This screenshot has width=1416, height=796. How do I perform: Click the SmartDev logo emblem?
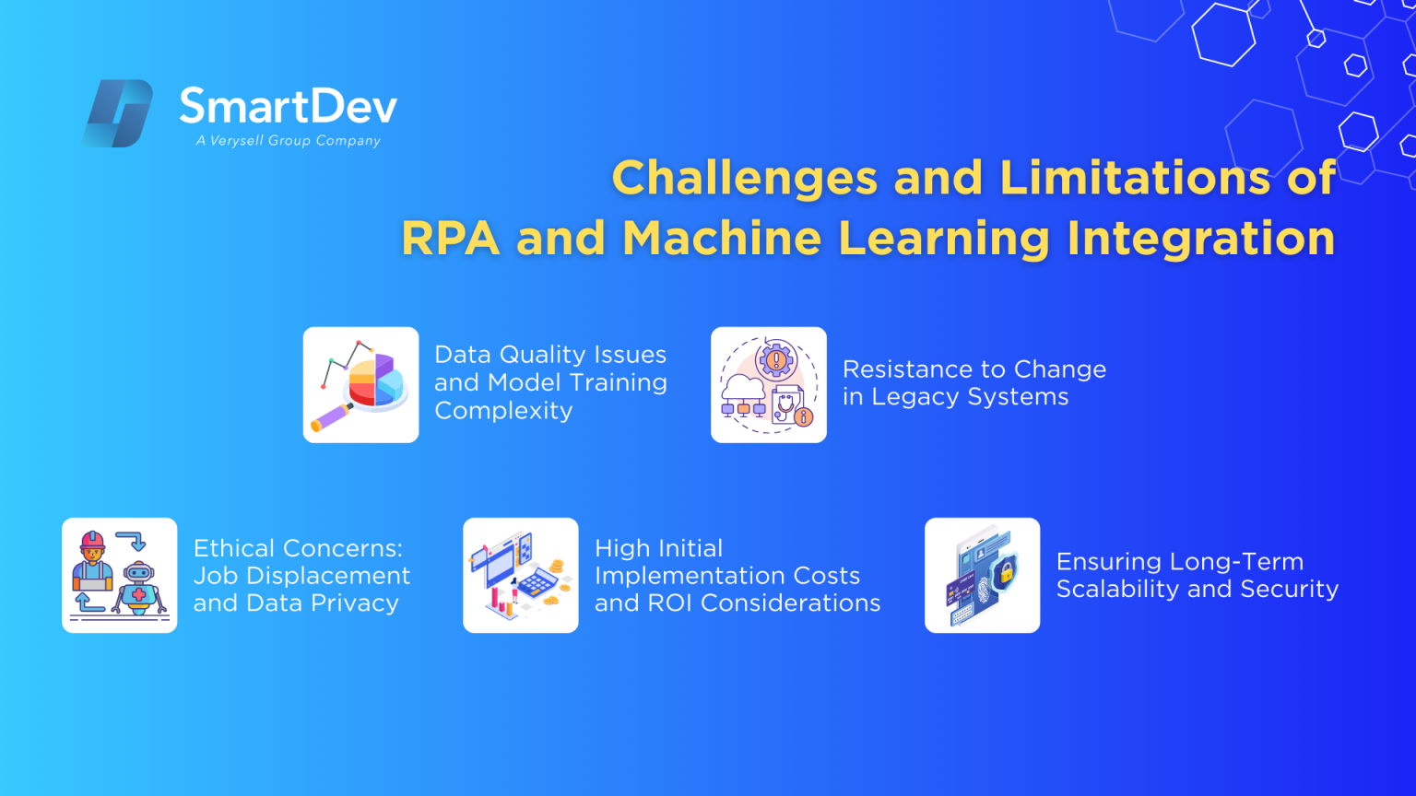tap(118, 113)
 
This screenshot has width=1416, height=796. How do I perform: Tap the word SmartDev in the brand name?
tap(288, 107)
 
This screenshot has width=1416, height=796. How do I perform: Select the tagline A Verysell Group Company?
tap(288, 141)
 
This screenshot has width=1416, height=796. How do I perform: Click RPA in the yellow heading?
tap(450, 239)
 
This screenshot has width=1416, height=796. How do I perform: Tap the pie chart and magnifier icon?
tap(360, 385)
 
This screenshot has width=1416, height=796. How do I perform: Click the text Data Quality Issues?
tap(550, 355)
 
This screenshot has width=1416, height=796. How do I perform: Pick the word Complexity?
tap(503, 411)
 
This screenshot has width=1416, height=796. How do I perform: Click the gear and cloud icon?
tap(769, 385)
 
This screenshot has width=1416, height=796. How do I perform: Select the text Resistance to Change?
tap(973, 369)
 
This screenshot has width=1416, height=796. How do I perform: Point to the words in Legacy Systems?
tap(955, 397)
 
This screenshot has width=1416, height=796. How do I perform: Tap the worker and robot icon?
tap(120, 575)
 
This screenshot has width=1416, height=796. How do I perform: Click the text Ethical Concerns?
tap(298, 548)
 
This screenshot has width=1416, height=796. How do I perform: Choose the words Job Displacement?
tap(301, 576)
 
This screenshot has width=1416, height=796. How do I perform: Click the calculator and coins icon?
tap(521, 575)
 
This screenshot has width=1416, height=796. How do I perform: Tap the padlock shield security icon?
tap(983, 575)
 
